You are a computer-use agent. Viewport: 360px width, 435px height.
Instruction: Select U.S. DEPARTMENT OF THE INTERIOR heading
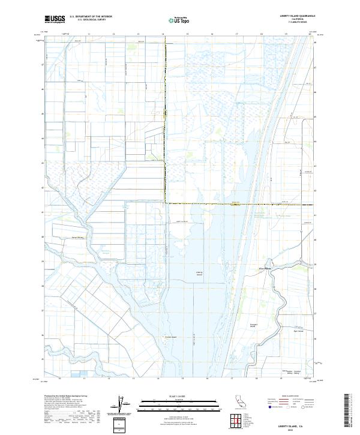pos(91,17)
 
